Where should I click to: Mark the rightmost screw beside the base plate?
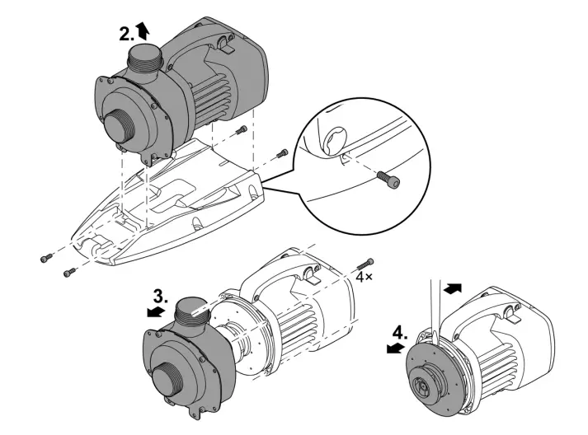point(282,153)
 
